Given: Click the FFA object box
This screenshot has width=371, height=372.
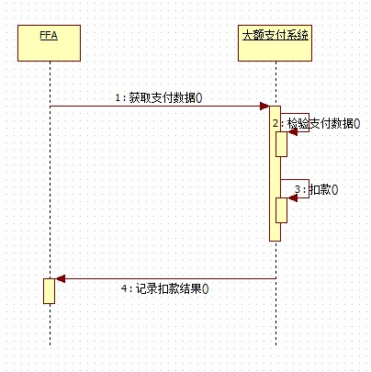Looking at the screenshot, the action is (x=49, y=43).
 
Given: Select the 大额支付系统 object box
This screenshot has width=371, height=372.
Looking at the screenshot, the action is (x=275, y=43).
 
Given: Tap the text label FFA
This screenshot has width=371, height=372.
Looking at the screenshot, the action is (x=49, y=35).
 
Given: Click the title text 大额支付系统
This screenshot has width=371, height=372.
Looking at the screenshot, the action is (x=275, y=35).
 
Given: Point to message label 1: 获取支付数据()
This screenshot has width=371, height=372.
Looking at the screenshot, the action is (x=159, y=97).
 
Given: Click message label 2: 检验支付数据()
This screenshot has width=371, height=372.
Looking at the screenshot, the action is (x=317, y=123).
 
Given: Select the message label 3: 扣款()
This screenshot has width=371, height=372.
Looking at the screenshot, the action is (x=316, y=189).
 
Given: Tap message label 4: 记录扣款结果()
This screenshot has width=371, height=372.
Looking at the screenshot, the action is (x=164, y=288).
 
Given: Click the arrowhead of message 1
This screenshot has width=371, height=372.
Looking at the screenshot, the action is (x=264, y=107).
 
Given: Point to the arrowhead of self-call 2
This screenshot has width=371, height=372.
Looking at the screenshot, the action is (x=292, y=132).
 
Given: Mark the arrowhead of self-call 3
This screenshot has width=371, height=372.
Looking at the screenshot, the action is (x=292, y=198).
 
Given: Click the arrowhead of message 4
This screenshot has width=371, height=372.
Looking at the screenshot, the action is (x=60, y=279).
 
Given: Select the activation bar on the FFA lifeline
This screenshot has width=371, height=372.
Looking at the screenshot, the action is (x=49, y=291).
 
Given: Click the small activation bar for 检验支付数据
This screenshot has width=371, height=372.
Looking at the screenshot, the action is (x=282, y=144).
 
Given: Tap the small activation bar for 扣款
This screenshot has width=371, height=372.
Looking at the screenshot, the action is (x=282, y=210).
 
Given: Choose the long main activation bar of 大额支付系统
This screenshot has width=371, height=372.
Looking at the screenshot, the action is (x=275, y=174).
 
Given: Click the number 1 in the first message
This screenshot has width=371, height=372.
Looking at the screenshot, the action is (x=118, y=97).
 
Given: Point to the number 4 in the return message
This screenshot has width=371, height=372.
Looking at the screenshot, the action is (x=124, y=288).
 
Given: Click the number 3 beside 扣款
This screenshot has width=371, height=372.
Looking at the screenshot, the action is (x=298, y=189).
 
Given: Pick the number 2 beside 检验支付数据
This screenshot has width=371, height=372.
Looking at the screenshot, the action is (x=275, y=123).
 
